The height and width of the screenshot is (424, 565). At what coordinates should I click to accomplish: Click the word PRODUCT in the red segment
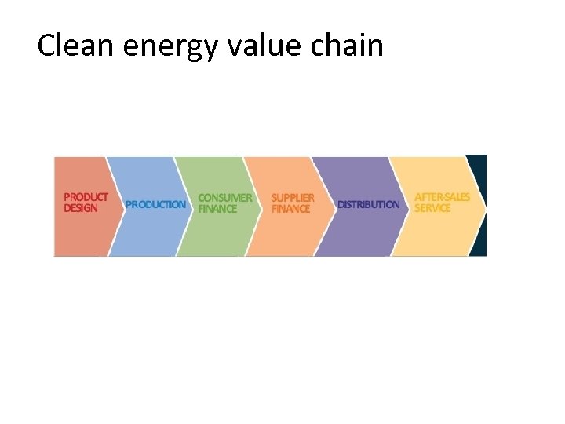pyautogui.click(x=86, y=197)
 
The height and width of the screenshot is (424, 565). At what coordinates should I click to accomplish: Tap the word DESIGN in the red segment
pyautogui.click(x=81, y=208)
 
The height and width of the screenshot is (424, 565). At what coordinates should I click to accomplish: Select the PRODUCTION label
pyautogui.click(x=156, y=204)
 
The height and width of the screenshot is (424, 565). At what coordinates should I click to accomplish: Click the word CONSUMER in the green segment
pyautogui.click(x=225, y=198)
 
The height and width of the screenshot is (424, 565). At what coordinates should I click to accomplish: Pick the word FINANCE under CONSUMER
pyautogui.click(x=217, y=209)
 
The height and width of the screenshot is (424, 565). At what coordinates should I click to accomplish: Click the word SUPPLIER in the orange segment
pyautogui.click(x=293, y=198)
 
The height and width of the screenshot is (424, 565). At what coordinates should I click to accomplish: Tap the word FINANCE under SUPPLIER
pyautogui.click(x=291, y=209)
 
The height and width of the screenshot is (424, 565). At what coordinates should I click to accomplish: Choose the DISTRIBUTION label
pyautogui.click(x=368, y=204)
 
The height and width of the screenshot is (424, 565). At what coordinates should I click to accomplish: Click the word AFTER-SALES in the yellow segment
pyautogui.click(x=442, y=197)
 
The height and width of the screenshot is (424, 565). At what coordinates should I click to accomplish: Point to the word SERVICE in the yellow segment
pyautogui.click(x=432, y=208)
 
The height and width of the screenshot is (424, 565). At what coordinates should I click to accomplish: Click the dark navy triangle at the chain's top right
pyautogui.click(x=479, y=166)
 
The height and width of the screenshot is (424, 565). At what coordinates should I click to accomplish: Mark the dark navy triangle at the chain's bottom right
pyautogui.click(x=479, y=245)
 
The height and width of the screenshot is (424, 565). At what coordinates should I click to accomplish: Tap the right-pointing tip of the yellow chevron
pyautogui.click(x=484, y=205)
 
